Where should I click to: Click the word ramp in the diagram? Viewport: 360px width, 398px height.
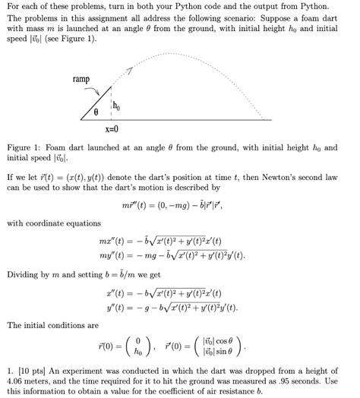[81, 79]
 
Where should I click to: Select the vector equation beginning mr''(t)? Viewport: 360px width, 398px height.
[180, 205]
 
